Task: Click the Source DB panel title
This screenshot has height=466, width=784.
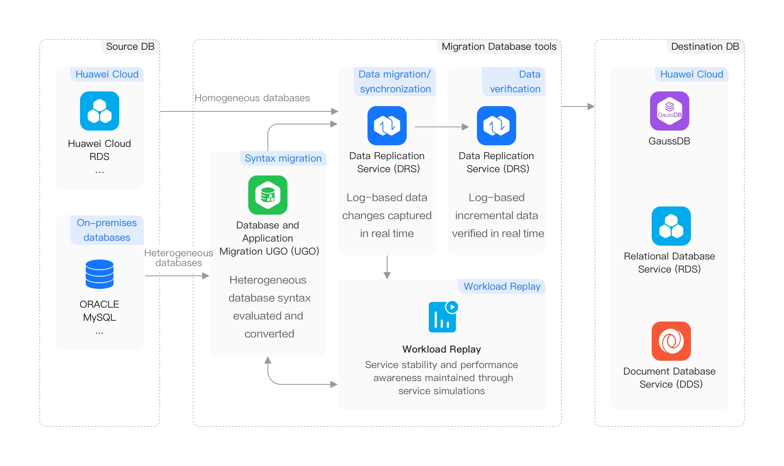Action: tap(130, 47)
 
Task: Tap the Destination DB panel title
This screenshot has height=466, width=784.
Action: tap(705, 47)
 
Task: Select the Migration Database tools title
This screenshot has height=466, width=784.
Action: tap(499, 47)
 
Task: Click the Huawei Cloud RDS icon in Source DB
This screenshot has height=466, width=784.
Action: tap(100, 111)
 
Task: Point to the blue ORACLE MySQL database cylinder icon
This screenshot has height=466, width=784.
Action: tap(100, 274)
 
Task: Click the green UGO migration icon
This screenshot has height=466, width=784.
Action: tap(268, 195)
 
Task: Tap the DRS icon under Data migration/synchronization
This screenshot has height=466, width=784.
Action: tap(387, 126)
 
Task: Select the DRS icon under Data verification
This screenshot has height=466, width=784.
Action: tap(497, 126)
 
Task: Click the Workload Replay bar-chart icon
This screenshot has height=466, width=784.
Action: tap(443, 317)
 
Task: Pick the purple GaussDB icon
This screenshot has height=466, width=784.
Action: tap(670, 111)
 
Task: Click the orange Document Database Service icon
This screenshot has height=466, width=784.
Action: tap(671, 341)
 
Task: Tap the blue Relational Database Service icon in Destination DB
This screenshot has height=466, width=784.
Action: tap(671, 226)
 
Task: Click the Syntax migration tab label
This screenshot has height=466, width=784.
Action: tap(283, 158)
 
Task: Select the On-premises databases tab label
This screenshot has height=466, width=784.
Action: tap(107, 230)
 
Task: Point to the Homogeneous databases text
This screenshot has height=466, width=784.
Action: tap(252, 98)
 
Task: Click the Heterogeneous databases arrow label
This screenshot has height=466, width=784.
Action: tap(178, 258)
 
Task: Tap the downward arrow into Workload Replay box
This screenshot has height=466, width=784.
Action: tap(387, 268)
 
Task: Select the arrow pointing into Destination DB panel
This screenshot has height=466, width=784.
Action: tap(578, 107)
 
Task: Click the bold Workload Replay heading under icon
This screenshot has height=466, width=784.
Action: tap(441, 349)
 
